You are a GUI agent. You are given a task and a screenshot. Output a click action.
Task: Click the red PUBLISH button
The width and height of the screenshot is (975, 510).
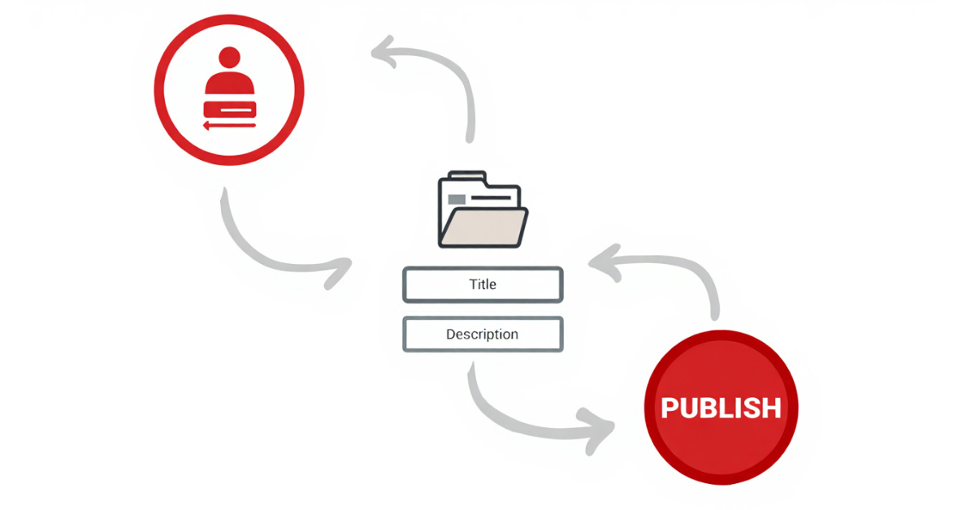(721, 408)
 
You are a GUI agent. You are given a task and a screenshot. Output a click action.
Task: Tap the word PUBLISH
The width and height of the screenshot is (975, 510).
(721, 408)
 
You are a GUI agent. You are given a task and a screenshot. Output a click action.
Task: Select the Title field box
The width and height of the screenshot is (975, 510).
(483, 284)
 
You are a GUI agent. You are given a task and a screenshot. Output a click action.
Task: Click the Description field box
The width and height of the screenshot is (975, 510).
(483, 335)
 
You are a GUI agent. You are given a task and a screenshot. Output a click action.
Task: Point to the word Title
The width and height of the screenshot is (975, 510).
(483, 284)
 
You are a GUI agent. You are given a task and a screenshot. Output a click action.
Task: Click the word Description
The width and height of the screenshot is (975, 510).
(483, 335)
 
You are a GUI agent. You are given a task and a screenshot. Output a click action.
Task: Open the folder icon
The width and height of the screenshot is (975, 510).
(483, 210)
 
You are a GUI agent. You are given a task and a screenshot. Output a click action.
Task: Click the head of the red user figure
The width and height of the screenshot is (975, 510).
(229, 57)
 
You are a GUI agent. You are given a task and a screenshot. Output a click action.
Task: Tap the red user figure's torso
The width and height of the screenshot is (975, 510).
(229, 83)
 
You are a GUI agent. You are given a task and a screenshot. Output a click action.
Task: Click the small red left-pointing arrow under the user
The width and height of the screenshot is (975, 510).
(229, 126)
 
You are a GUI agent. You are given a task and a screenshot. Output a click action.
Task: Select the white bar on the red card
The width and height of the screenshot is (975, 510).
(236, 110)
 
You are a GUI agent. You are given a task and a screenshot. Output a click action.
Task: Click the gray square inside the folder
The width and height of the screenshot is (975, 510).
(457, 199)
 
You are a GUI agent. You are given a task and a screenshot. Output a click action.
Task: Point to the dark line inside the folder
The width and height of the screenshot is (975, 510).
(491, 198)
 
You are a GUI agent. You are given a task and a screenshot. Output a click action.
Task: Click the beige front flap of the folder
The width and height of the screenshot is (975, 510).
(483, 227)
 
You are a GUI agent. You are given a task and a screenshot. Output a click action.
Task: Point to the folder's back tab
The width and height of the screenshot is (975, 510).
(466, 175)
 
